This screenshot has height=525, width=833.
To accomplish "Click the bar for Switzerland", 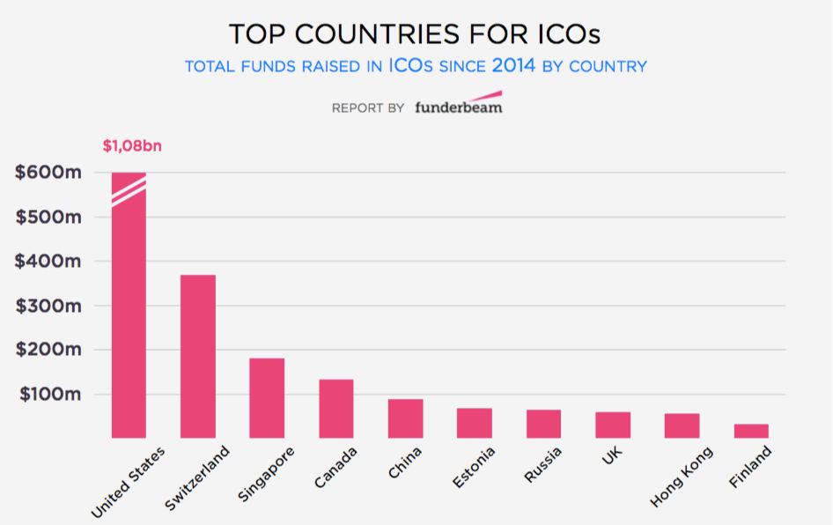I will click(198, 356).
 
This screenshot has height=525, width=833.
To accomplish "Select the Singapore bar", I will click(267, 397).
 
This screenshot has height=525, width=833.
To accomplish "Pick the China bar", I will click(406, 418).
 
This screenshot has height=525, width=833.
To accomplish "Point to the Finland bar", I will click(751, 431).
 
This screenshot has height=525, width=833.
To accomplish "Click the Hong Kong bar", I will click(682, 425).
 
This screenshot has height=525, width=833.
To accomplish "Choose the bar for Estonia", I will click(475, 423).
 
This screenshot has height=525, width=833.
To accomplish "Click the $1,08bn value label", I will click(132, 144).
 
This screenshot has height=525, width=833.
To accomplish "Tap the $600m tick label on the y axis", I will click(48, 173).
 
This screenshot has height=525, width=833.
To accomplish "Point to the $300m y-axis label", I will click(48, 306).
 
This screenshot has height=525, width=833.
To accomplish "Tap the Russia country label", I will click(542, 465).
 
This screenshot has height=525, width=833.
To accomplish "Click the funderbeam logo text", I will click(458, 108).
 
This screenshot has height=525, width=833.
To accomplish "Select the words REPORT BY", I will click(368, 108).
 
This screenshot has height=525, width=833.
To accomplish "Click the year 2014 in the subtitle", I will click(513, 65).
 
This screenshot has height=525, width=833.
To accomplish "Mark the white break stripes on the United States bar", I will click(129, 190).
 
